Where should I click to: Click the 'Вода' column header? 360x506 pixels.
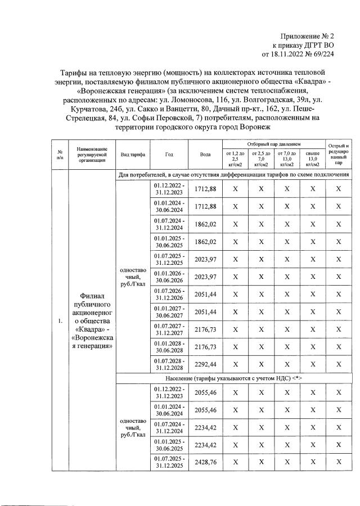[x=206, y=154]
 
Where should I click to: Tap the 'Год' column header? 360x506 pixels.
[x=169, y=154]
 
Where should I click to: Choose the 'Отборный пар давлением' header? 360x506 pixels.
[x=273, y=144]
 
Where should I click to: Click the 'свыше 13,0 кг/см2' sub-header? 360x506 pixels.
[x=312, y=159]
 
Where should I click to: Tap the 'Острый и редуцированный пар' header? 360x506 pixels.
[x=338, y=155]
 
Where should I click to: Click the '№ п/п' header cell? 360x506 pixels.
[x=60, y=155]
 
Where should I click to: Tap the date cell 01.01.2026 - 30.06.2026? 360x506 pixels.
[x=169, y=277]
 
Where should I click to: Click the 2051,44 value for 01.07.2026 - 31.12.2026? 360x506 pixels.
[x=206, y=294]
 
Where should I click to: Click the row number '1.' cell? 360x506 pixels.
[x=60, y=321]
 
